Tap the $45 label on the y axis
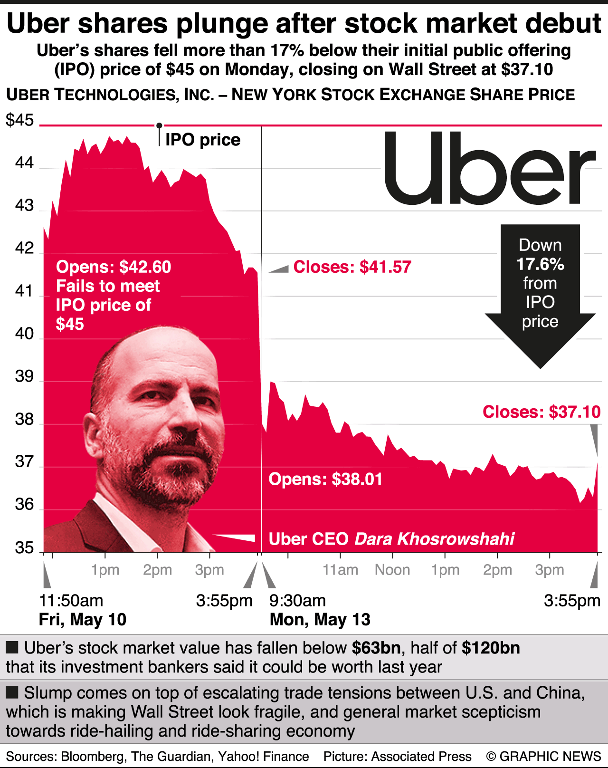20,120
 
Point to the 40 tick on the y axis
24,334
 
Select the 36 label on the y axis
24,504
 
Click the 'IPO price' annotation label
203,140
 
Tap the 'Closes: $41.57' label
352,267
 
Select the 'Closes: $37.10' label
541,412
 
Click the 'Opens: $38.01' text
325,479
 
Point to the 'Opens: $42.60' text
114,267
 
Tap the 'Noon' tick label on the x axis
392,570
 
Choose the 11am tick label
340,570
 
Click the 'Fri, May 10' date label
83,620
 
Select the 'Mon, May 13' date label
320,620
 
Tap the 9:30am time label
297,601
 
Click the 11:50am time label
71,601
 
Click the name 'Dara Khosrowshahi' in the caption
435,539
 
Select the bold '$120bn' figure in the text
491,648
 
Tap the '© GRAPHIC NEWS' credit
543,756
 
